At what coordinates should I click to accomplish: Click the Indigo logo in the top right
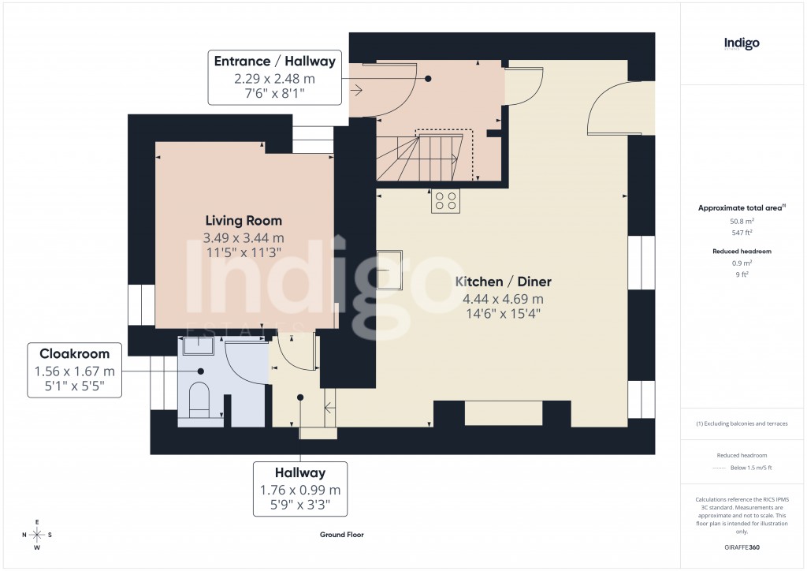coord(742,43)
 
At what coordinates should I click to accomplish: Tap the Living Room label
coord(244,221)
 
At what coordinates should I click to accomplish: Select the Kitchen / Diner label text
coord(503,282)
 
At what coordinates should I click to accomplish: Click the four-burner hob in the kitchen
coord(444,202)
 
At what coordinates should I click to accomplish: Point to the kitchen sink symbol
coord(390,270)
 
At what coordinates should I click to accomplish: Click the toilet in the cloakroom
coord(200,398)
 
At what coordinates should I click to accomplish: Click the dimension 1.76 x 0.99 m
coord(300,490)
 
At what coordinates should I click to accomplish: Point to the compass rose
coord(37,535)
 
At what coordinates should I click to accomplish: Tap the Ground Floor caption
coord(341,534)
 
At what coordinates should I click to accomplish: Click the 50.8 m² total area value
coord(741,222)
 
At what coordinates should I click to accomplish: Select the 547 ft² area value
coord(741,233)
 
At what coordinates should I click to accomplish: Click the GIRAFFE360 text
coord(742,547)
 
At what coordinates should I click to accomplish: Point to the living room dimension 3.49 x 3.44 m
coord(244,237)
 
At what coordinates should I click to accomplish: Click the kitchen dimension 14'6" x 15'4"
coord(503,314)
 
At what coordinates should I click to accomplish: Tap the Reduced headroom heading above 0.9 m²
coord(741,251)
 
